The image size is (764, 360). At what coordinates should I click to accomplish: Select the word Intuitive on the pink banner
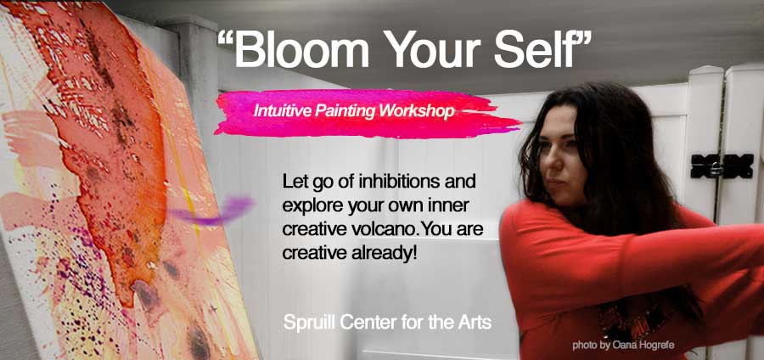282,111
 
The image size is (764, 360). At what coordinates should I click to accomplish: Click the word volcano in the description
384,229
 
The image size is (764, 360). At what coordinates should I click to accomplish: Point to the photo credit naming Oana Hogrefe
624,346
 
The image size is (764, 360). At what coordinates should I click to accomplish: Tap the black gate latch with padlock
722,166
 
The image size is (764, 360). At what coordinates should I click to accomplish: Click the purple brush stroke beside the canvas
213,211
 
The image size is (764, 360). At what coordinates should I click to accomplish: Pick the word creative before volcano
314,229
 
